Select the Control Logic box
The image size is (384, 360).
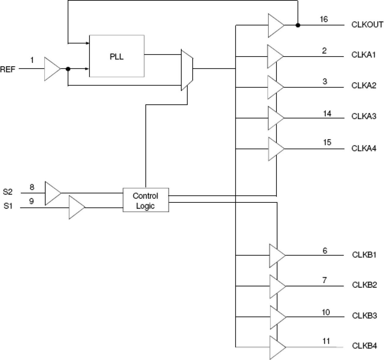[x=146, y=200]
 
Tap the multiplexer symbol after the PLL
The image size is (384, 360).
[x=187, y=70]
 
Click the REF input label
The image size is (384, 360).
[x=8, y=69]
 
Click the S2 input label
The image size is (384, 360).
[x=8, y=192]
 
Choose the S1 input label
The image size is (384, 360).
[x=8, y=206]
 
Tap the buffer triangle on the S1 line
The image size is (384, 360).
[x=76, y=208]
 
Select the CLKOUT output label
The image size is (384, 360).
[x=367, y=25]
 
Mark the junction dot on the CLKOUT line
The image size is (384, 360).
[x=298, y=25]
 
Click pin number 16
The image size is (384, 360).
[x=324, y=19]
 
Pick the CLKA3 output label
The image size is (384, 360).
[x=364, y=116]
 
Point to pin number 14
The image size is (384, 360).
[x=327, y=114]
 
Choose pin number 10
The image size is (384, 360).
[x=326, y=312]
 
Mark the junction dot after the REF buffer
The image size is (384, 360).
[x=68, y=69]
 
